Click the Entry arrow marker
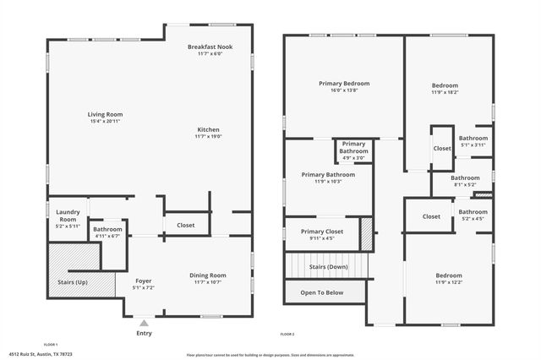[145, 322]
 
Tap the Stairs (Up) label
[69, 282]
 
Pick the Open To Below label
[322, 292]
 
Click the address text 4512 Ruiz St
[40, 356]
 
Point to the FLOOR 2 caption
[288, 335]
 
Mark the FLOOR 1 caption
[51, 344]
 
